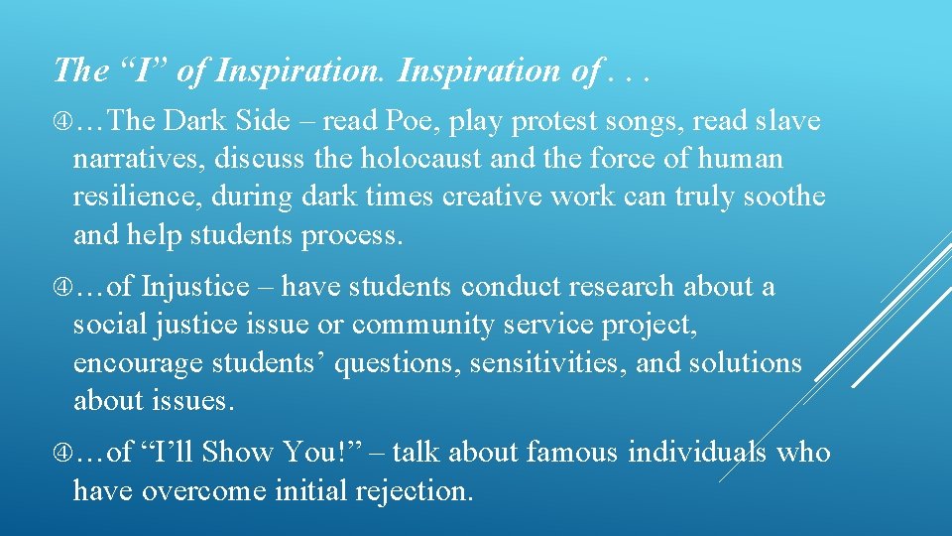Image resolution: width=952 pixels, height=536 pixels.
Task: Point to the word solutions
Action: coord(743,363)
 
